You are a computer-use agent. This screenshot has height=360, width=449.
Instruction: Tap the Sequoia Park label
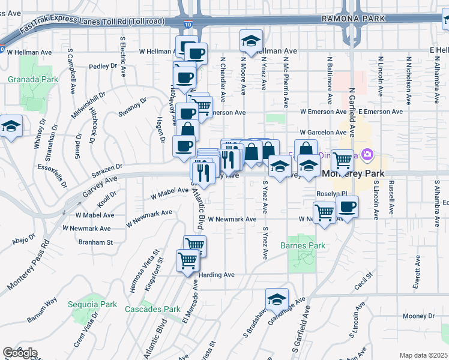pyautogui.click(x=92, y=304)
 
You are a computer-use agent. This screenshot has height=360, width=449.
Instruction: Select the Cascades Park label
pyautogui.click(x=152, y=309)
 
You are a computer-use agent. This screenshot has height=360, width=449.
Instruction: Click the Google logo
pyautogui.click(x=20, y=353)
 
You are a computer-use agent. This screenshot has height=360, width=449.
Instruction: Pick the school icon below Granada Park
pyautogui.click(x=11, y=127)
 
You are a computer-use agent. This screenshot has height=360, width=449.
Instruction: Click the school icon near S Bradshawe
pyautogui.click(x=277, y=299)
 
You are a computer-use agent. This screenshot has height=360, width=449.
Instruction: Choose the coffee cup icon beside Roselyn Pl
pyautogui.click(x=347, y=208)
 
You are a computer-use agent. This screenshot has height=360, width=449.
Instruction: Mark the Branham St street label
pyautogui.click(x=95, y=242)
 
